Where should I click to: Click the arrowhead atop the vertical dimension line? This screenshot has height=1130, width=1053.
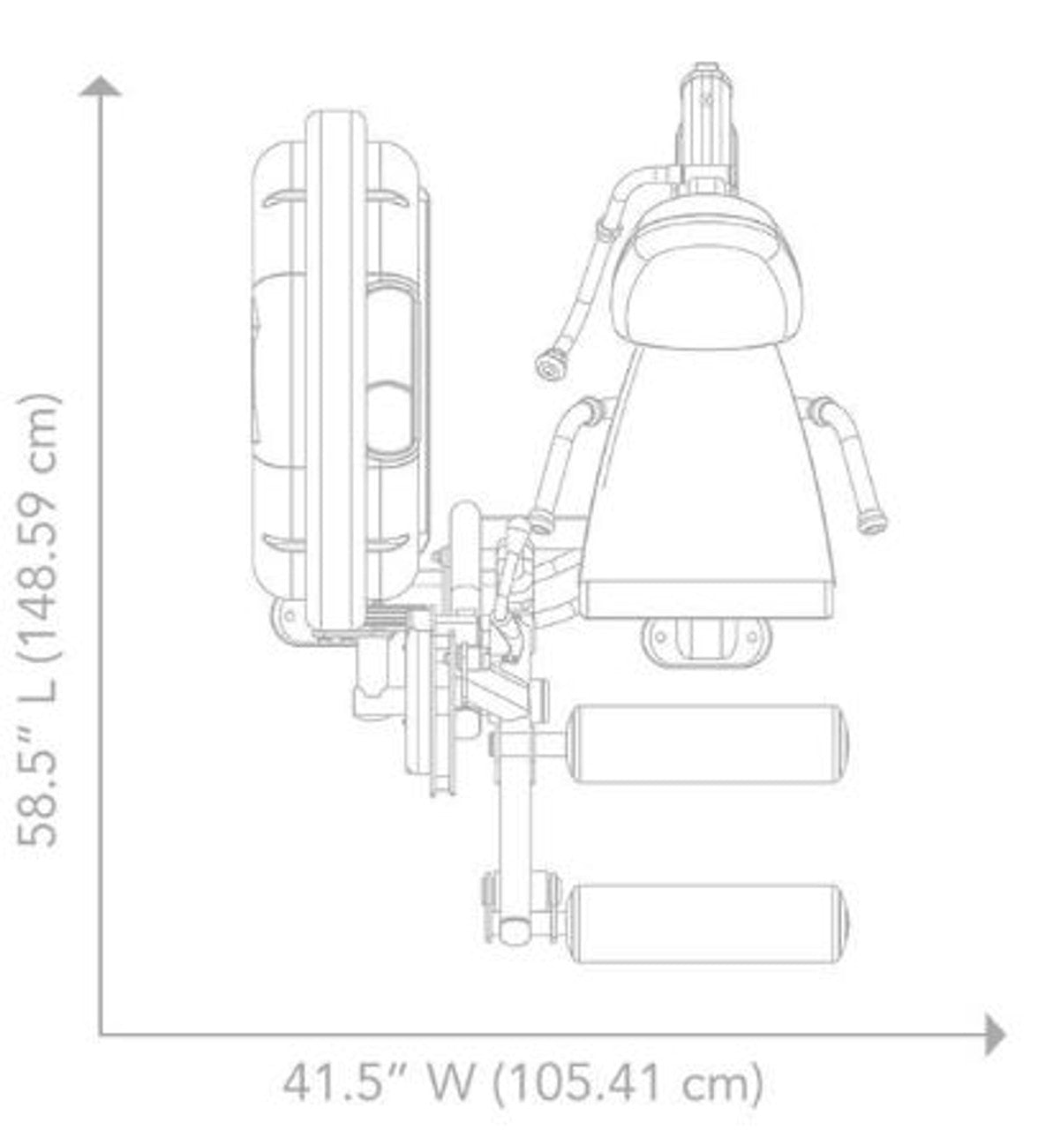102,86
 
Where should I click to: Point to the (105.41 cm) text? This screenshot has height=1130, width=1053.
628,1081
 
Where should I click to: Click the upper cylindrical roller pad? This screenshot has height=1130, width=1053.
709,743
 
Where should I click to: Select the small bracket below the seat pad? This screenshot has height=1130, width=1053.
706,637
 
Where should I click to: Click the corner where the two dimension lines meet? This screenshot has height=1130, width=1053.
102,1034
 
